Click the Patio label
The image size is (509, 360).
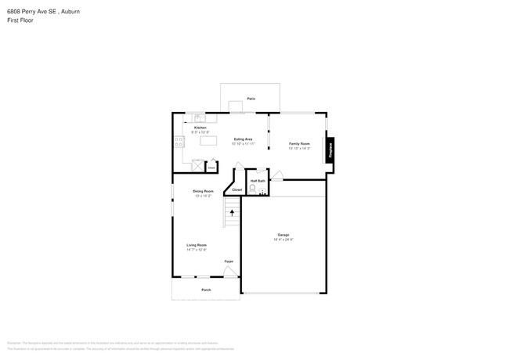pyautogui.click(x=251, y=99)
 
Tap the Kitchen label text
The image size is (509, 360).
pyautogui.click(x=200, y=128)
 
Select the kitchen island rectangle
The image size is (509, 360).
pyautogui.click(x=208, y=141)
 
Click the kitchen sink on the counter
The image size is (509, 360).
pyautogui.click(x=200, y=118)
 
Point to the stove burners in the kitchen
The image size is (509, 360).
pyautogui.click(x=177, y=142)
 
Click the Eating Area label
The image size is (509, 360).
pyautogui.click(x=243, y=139)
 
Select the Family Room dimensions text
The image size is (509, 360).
pyautogui.click(x=299, y=149)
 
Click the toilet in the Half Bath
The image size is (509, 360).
pyautogui.click(x=253, y=188)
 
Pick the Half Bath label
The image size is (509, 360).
pyautogui.click(x=258, y=181)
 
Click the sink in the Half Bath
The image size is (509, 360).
pyautogui.click(x=265, y=192)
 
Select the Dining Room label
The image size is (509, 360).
pyautogui.click(x=204, y=191)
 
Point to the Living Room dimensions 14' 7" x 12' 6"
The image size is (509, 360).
pyautogui.click(x=197, y=250)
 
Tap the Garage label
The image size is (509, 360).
pyautogui.click(x=283, y=235)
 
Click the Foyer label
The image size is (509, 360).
pyautogui.click(x=229, y=261)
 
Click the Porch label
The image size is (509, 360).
pyautogui.click(x=206, y=290)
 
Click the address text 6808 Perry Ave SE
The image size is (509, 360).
pyautogui.click(x=32, y=13)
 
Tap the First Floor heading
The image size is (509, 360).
pyautogui.click(x=19, y=22)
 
